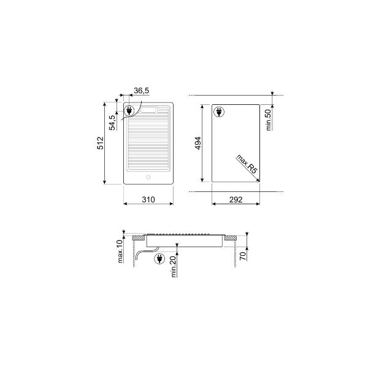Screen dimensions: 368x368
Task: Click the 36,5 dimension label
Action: pyautogui.click(x=141, y=91)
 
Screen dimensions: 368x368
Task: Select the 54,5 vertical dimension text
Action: pyautogui.click(x=112, y=123)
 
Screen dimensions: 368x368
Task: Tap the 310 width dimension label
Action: pyautogui.click(x=148, y=200)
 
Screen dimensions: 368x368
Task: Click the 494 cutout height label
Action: pyautogui.click(x=198, y=144)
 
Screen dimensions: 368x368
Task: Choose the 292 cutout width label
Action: pyautogui.click(x=236, y=200)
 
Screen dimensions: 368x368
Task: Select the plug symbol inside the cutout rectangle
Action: pyautogui.click(x=218, y=112)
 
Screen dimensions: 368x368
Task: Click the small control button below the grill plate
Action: pyautogui.click(x=148, y=178)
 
